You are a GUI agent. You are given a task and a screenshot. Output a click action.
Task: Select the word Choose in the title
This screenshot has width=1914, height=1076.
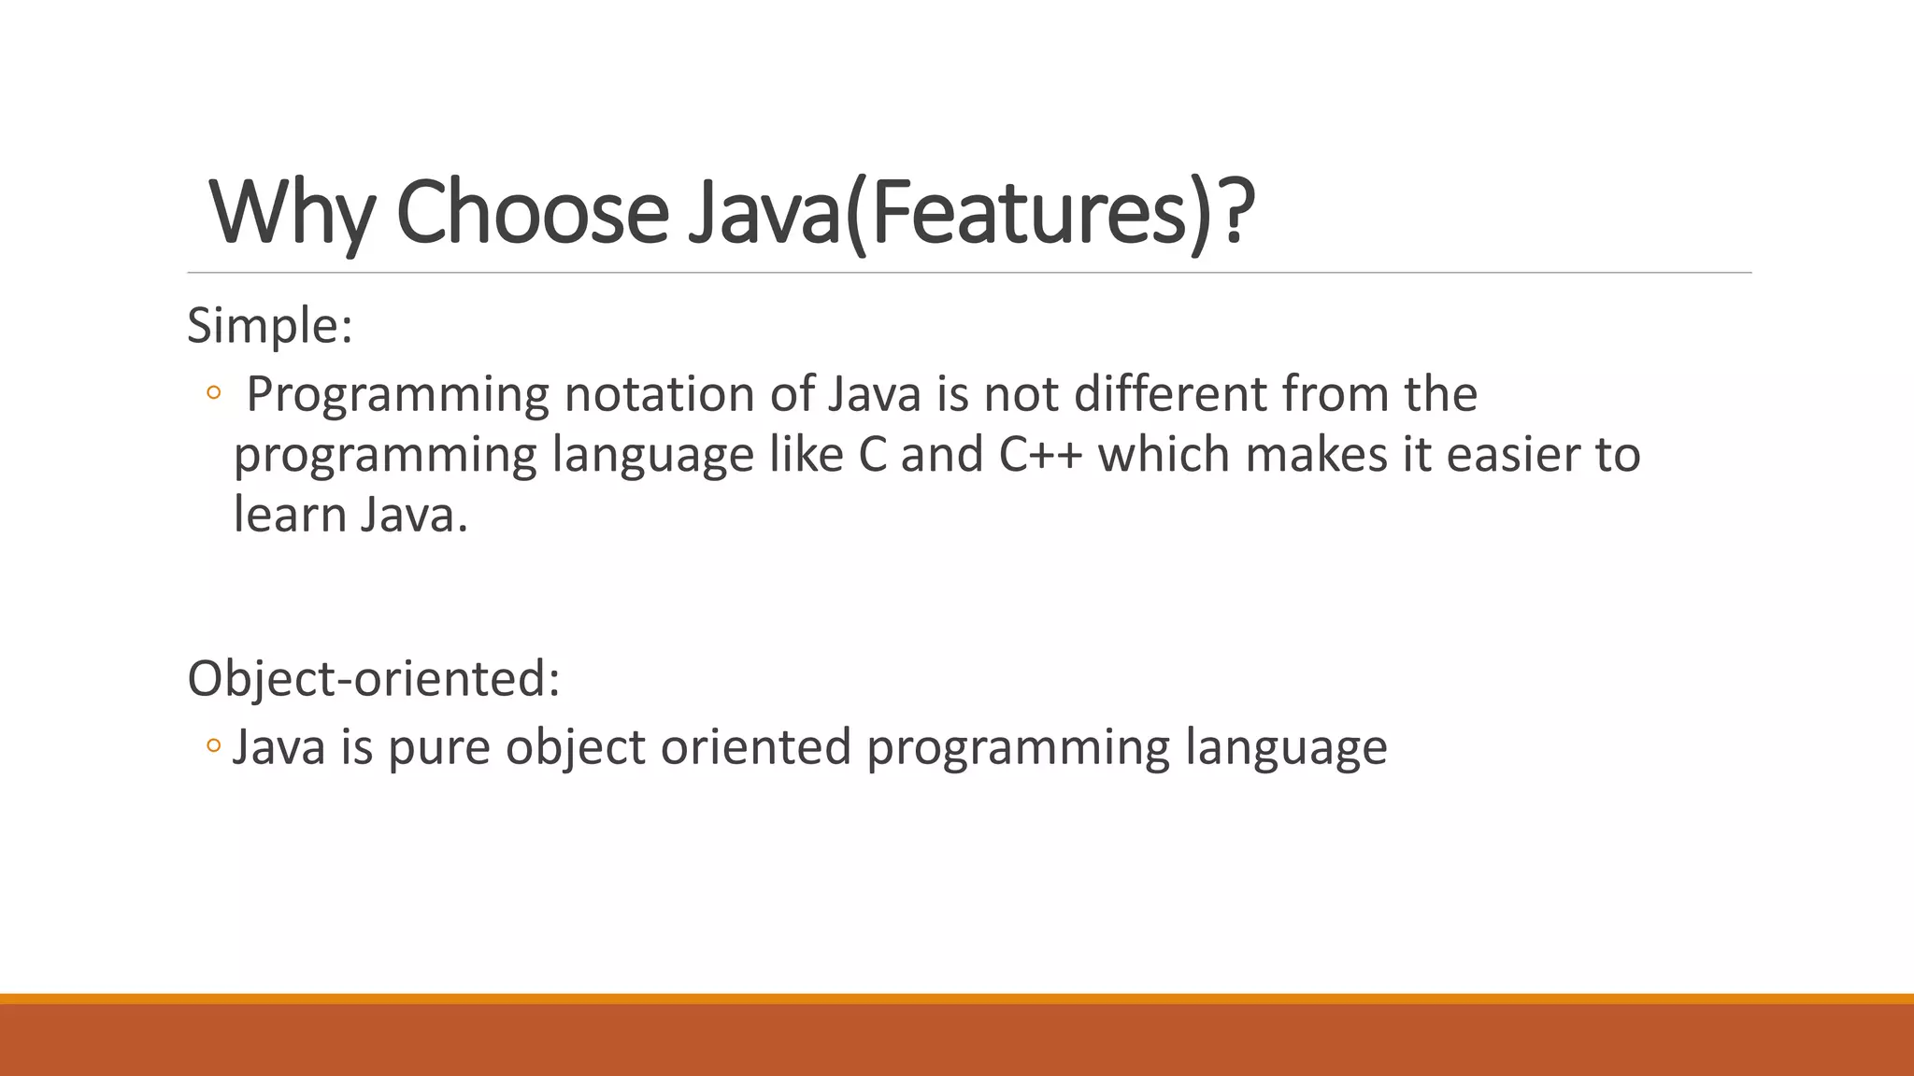532,213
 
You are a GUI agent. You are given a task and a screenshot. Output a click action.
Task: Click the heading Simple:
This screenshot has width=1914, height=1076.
269,327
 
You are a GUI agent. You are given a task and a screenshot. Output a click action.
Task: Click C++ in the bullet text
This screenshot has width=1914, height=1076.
1040,455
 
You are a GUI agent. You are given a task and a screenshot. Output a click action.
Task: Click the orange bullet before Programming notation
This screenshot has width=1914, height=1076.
213,394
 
